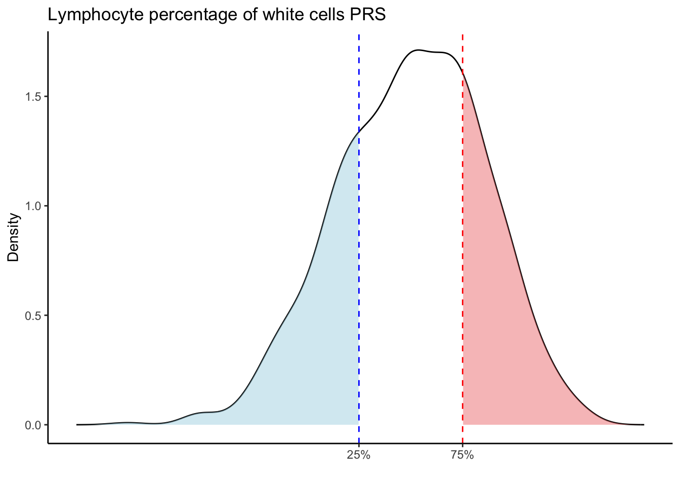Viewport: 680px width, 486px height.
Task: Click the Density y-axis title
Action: pos(14,237)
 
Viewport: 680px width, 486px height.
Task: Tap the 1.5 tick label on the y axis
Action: pos(34,97)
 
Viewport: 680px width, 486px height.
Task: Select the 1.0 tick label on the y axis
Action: pos(34,206)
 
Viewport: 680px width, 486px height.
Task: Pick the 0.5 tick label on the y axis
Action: pos(34,315)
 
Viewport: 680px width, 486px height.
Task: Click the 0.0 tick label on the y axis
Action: pos(34,425)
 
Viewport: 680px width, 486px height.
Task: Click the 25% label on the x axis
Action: pos(358,455)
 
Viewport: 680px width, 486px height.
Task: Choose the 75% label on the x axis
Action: pos(462,455)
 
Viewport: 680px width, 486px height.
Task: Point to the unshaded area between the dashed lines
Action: pos(410,253)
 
